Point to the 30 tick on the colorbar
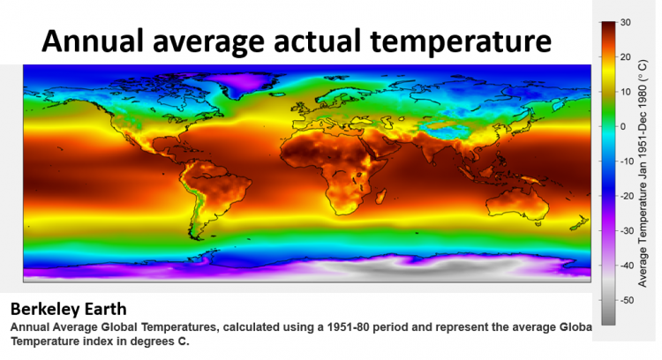[626, 22]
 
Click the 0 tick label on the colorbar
[623, 126]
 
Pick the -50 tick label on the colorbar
[627, 301]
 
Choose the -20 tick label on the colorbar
[627, 196]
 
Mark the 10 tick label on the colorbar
[626, 92]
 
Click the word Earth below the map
[105, 309]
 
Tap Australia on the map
[518, 204]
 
